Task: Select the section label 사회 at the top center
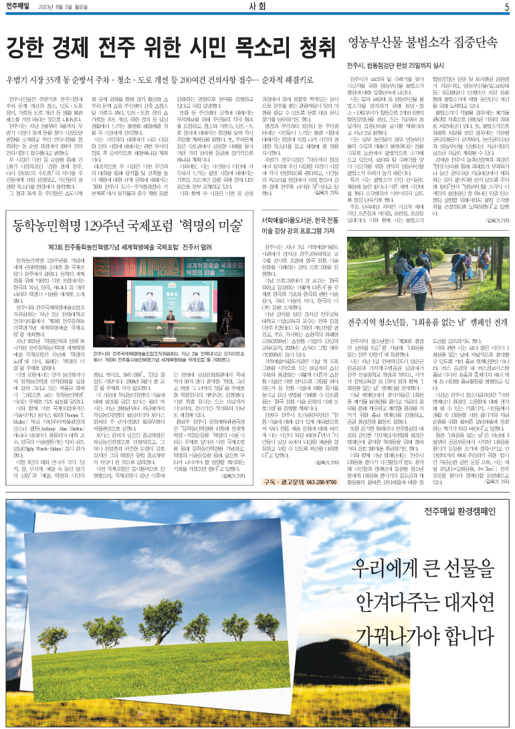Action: [x=257, y=7]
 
